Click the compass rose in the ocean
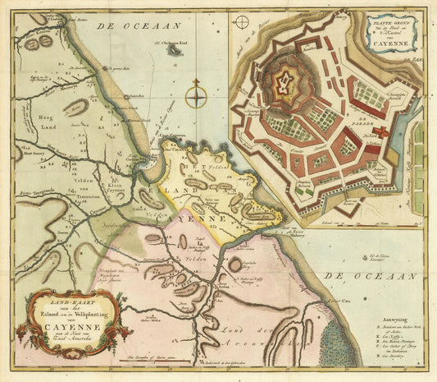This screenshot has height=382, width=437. click(196, 98)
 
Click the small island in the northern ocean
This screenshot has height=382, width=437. click(174, 50)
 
